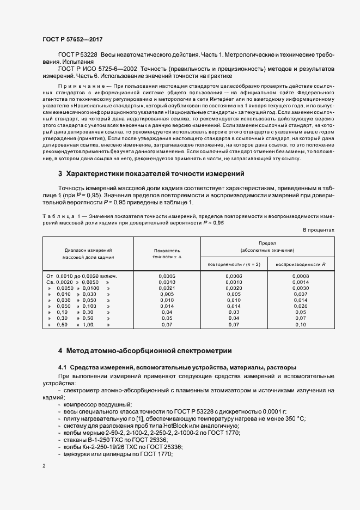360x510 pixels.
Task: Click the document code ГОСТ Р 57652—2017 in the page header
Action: click(x=72, y=40)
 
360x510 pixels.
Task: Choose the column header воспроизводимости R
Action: click(x=300, y=264)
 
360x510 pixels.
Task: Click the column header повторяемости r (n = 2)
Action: click(x=234, y=264)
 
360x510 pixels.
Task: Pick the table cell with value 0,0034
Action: click(x=301, y=288)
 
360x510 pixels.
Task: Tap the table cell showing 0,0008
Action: click(x=301, y=276)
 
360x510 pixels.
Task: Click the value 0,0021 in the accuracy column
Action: click(x=167, y=288)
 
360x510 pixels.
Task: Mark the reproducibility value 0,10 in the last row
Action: click(x=301, y=324)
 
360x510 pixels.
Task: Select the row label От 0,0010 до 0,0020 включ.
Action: click(x=82, y=276)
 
